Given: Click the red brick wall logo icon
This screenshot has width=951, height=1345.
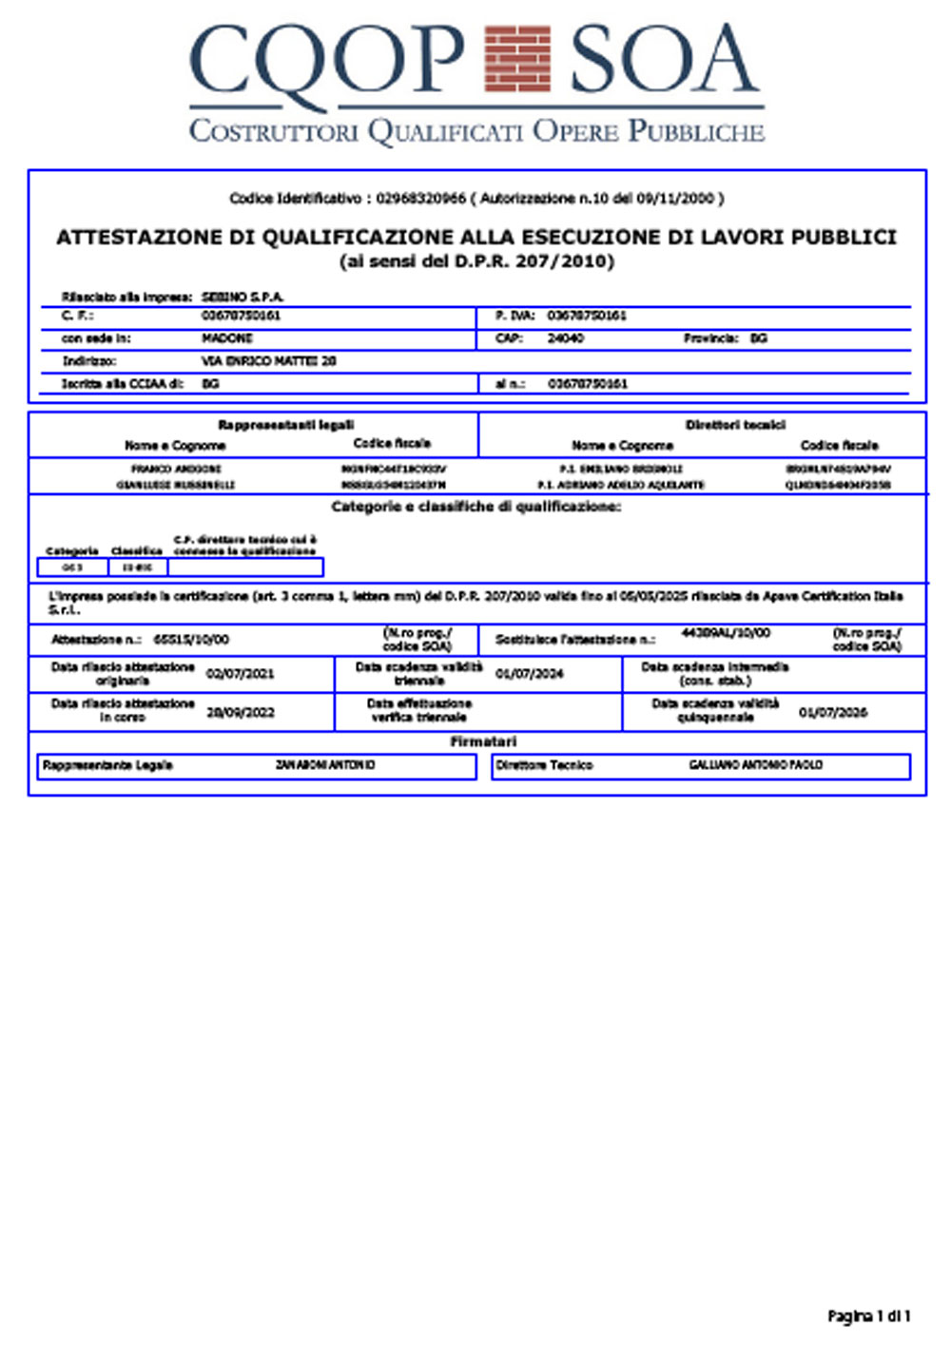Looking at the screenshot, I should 517,60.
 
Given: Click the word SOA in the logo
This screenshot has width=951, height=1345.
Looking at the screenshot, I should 664,59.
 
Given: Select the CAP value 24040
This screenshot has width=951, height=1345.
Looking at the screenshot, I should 566,338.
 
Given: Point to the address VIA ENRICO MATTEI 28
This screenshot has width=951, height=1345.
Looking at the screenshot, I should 269,361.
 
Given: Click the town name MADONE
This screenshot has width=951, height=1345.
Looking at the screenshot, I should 227,338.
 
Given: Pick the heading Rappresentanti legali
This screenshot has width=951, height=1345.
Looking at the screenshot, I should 285,425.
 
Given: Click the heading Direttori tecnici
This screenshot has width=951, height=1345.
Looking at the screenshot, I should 735,425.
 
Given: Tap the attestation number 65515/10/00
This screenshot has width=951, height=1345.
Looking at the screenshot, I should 191,640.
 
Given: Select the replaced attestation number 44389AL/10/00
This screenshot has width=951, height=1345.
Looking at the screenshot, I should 726,632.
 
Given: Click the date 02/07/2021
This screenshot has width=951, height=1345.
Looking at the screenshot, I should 240,674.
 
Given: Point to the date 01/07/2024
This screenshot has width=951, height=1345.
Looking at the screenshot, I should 529,674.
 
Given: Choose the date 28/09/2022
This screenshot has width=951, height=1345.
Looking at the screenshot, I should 240,712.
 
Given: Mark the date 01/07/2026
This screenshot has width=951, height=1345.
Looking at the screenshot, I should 832,712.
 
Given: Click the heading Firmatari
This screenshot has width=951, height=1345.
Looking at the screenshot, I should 483,741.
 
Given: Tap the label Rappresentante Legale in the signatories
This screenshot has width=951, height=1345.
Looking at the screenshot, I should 107,765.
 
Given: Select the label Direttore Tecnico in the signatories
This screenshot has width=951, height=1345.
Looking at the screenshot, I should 544,765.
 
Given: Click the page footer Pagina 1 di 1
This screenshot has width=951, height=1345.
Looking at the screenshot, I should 868,1316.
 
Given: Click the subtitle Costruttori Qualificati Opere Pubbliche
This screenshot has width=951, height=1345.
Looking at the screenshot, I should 476,130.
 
